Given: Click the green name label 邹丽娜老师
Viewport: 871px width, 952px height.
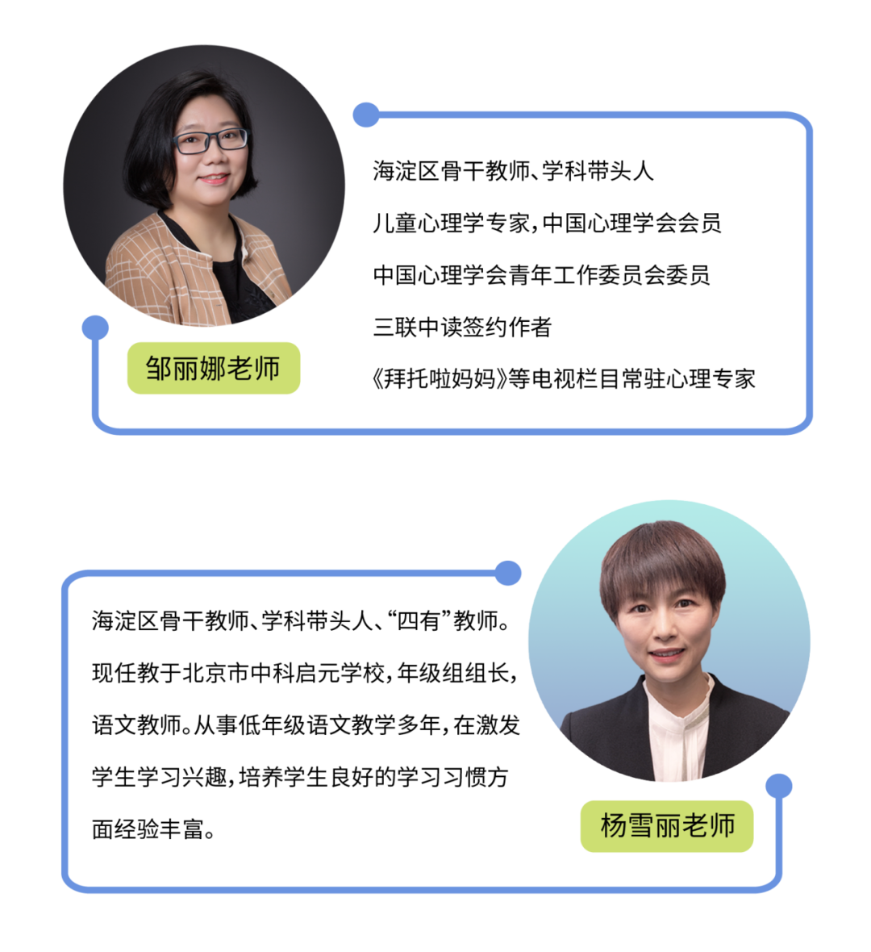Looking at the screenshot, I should [213, 368].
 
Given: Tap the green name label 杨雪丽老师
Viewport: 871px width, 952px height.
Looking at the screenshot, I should [666, 826].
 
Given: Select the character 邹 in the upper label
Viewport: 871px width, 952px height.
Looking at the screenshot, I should [158, 369].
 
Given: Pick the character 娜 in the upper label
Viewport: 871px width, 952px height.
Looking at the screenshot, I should [212, 369].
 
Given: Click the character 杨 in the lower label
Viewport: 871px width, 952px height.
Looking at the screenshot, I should [613, 826].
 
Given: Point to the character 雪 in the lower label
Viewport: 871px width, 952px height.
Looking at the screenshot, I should [640, 826].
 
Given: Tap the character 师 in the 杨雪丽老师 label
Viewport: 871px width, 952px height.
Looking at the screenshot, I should [722, 826].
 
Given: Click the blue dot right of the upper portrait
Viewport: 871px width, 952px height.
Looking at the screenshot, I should [365, 115].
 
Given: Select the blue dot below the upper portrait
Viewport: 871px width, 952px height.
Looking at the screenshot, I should [95, 327].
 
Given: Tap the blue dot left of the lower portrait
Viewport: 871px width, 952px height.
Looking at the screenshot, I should [507, 573].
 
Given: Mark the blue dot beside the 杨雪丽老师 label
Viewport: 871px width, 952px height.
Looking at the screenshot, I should [778, 786].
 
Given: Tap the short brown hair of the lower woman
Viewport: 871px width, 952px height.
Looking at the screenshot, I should [661, 557].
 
